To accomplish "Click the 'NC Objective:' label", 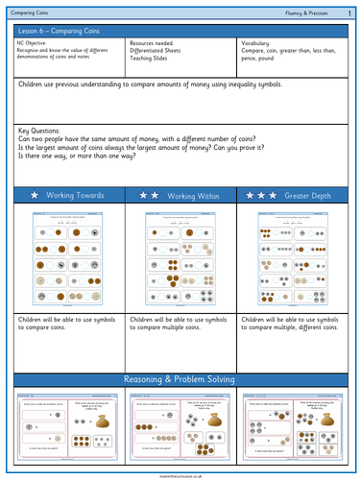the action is coord(36,44).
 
